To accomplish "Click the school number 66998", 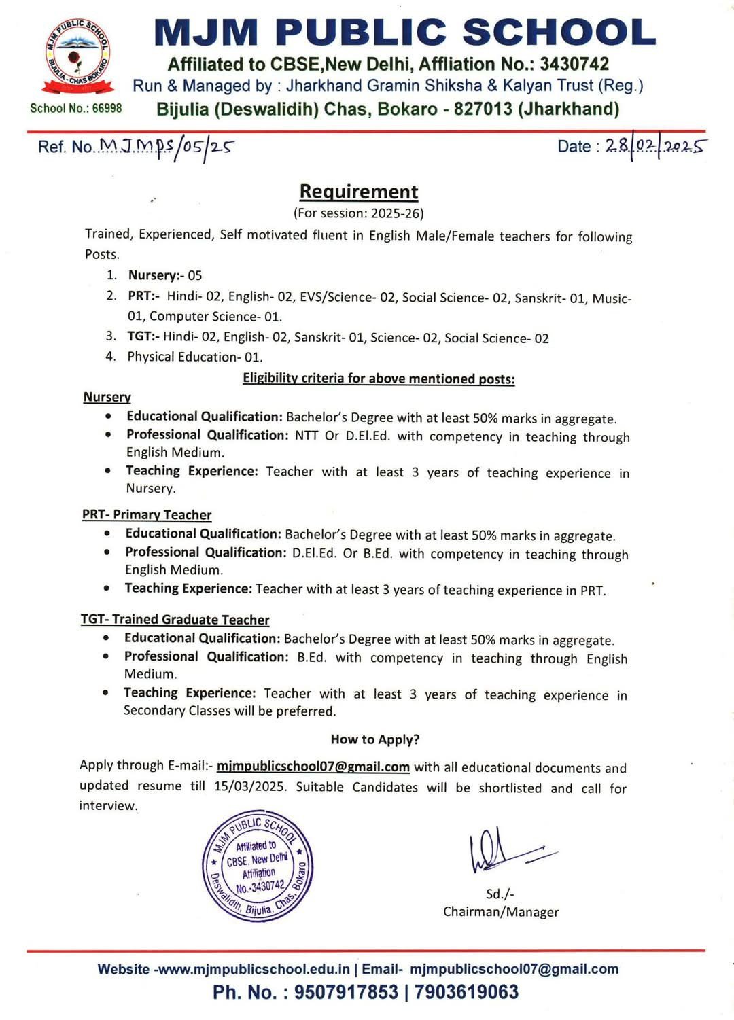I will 107,109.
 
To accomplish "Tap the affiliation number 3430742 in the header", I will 574,65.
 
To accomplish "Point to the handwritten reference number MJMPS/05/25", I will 167,146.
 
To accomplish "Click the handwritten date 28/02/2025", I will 655,147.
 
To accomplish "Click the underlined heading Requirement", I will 359,192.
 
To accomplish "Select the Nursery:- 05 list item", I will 164,275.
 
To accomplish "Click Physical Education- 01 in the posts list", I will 194,357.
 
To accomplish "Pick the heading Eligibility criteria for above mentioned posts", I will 379,379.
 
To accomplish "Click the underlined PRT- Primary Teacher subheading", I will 147,514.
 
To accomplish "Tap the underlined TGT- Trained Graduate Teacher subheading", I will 175,619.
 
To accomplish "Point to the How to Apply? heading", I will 375,739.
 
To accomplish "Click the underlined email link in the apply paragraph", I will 313,767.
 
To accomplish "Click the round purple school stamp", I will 258,866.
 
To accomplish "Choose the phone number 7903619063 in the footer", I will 466,992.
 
